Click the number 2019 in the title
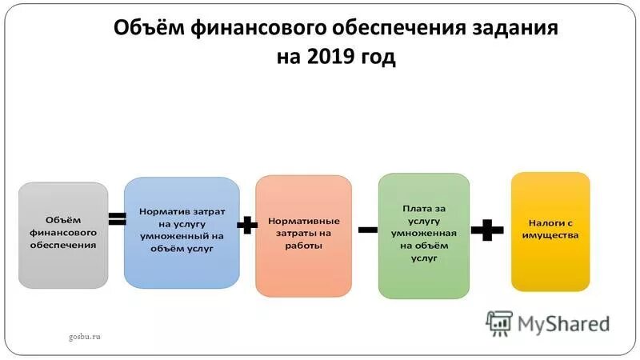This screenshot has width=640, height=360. [x=327, y=58]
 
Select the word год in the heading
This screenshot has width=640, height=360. [x=374, y=58]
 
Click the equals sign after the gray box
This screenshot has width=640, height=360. [x=117, y=218]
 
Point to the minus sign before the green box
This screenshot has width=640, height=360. [x=368, y=229]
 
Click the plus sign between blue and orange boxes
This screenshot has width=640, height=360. [x=248, y=226]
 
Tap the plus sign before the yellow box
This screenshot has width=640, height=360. [x=486, y=230]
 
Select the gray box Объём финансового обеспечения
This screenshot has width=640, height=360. [x=63, y=234]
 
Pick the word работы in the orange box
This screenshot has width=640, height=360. [x=303, y=246]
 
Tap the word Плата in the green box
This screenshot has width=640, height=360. [x=411, y=206]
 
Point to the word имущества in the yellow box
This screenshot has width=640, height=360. [x=550, y=235]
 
